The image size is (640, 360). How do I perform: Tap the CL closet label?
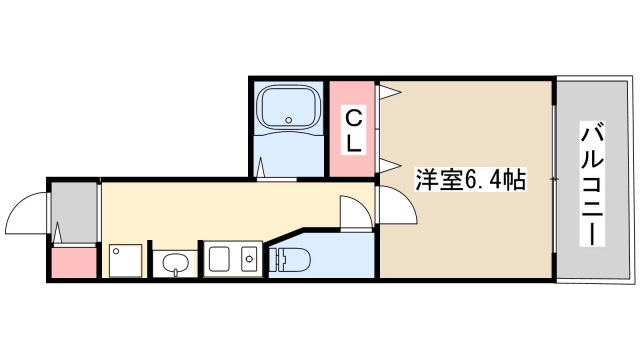pos(353,131)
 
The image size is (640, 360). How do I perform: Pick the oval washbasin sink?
pos(176,264)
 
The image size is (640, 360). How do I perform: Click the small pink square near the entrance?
pos(73,264)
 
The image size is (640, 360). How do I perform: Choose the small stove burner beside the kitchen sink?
pos(248,259)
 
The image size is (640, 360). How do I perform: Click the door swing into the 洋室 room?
pos(399,206)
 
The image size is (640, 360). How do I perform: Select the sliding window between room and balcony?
pos(553,178)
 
